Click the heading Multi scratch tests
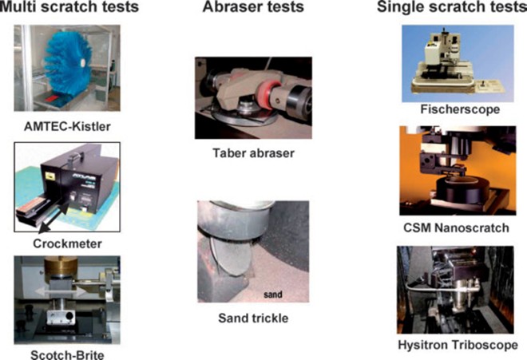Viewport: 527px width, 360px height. [69, 6]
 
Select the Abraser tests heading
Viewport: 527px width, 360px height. [253, 6]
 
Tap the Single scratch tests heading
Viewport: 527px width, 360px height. [452, 6]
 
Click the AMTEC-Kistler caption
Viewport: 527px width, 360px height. [67, 126]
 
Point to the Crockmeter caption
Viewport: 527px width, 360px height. [67, 243]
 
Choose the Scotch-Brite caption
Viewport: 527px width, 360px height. [67, 354]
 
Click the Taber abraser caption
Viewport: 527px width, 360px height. [253, 153]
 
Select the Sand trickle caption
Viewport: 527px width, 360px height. [253, 318]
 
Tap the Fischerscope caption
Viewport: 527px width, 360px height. [460, 109]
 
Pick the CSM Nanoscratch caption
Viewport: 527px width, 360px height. [457, 227]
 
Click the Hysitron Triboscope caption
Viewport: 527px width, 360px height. [458, 345]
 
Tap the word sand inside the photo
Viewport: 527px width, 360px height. [272, 295]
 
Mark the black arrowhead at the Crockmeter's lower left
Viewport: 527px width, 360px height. [43, 229]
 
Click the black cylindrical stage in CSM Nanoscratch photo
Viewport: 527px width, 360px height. [461, 192]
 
